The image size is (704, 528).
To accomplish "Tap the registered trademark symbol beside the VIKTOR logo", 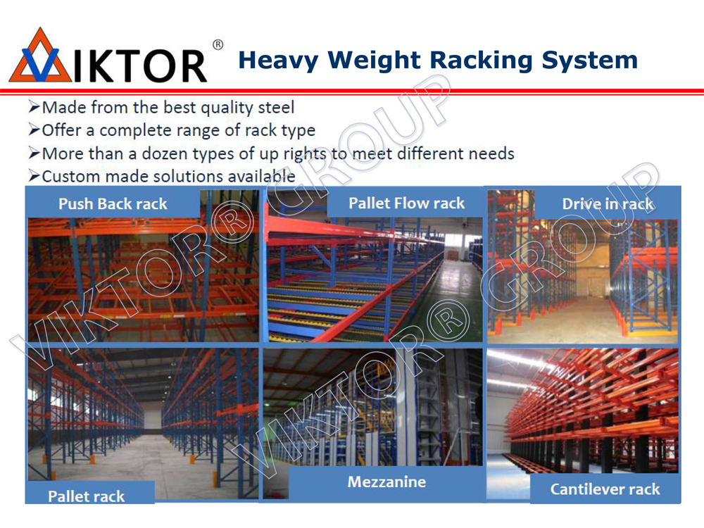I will click(218, 46).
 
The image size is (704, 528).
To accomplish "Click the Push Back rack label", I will click(113, 204).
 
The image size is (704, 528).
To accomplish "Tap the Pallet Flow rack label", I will click(406, 203).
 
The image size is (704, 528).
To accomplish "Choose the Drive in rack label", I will click(608, 204).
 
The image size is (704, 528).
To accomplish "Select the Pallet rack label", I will click(87, 496).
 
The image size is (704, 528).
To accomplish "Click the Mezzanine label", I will click(386, 482).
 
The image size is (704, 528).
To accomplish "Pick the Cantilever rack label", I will click(605, 489).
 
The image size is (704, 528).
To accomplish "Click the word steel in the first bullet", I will click(275, 108).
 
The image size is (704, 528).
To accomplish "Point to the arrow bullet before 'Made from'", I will click(33, 108).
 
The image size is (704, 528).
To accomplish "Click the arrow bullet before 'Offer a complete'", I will click(33, 130).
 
